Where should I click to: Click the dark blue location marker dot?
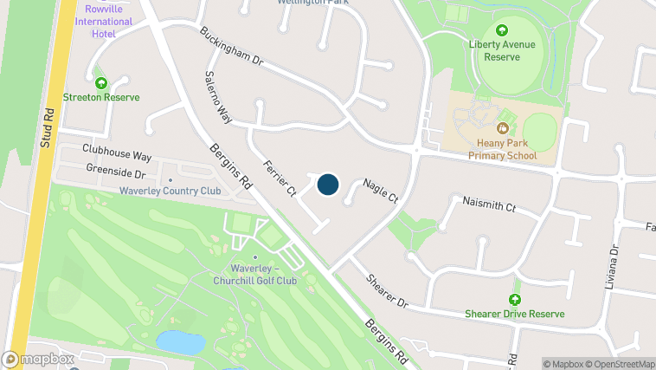327,185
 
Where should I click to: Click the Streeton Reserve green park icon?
101,83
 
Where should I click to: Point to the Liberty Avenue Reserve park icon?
502,30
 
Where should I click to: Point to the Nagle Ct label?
380,191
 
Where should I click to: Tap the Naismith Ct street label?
489,207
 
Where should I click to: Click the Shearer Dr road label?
386,292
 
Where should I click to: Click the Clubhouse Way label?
117,153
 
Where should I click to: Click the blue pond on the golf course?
180,343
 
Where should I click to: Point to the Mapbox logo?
38,359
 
